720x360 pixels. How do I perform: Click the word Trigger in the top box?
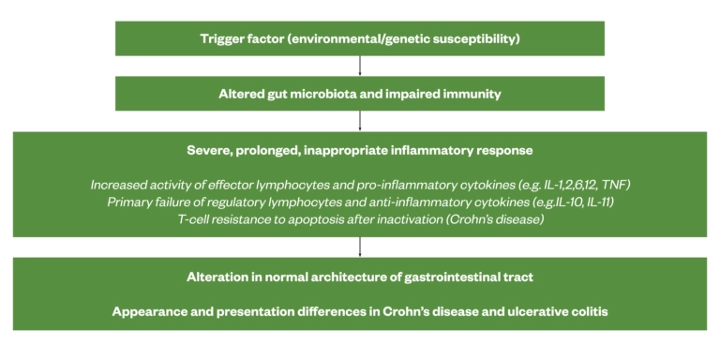[x=223, y=38]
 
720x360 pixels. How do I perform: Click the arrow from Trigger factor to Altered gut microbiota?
[x=360, y=66]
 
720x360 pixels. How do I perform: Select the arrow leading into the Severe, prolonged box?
[x=360, y=121]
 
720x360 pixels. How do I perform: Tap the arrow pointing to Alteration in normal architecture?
[x=360, y=247]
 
